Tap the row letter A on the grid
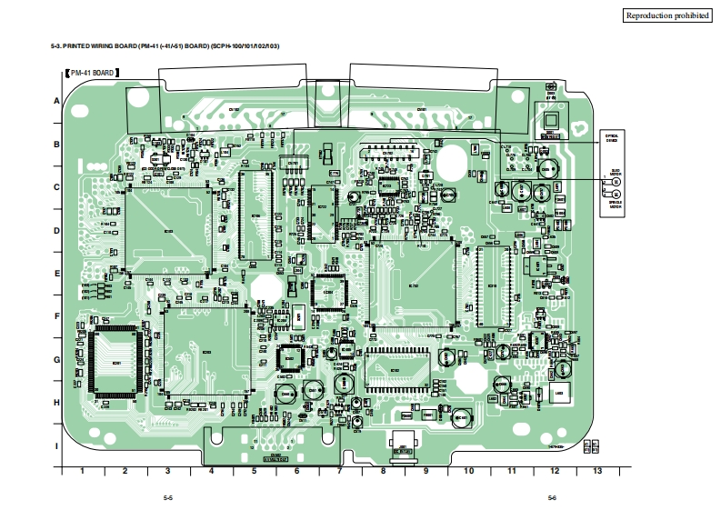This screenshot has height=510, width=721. [x=56, y=101]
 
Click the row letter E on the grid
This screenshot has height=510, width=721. [x=56, y=273]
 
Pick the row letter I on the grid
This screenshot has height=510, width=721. [x=56, y=445]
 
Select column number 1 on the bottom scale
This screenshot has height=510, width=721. [x=82, y=471]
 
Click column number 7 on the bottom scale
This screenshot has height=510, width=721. [x=339, y=471]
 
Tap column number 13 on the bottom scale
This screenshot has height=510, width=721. [x=596, y=471]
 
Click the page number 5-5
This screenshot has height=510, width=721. [x=168, y=497]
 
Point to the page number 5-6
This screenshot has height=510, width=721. [x=552, y=497]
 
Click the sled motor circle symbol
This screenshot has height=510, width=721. [x=616, y=182]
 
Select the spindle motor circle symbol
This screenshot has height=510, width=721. [x=616, y=194]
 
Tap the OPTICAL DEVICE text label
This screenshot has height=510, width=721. [x=612, y=138]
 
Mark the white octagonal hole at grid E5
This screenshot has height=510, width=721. [x=265, y=286]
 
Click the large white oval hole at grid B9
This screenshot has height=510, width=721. [x=450, y=162]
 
